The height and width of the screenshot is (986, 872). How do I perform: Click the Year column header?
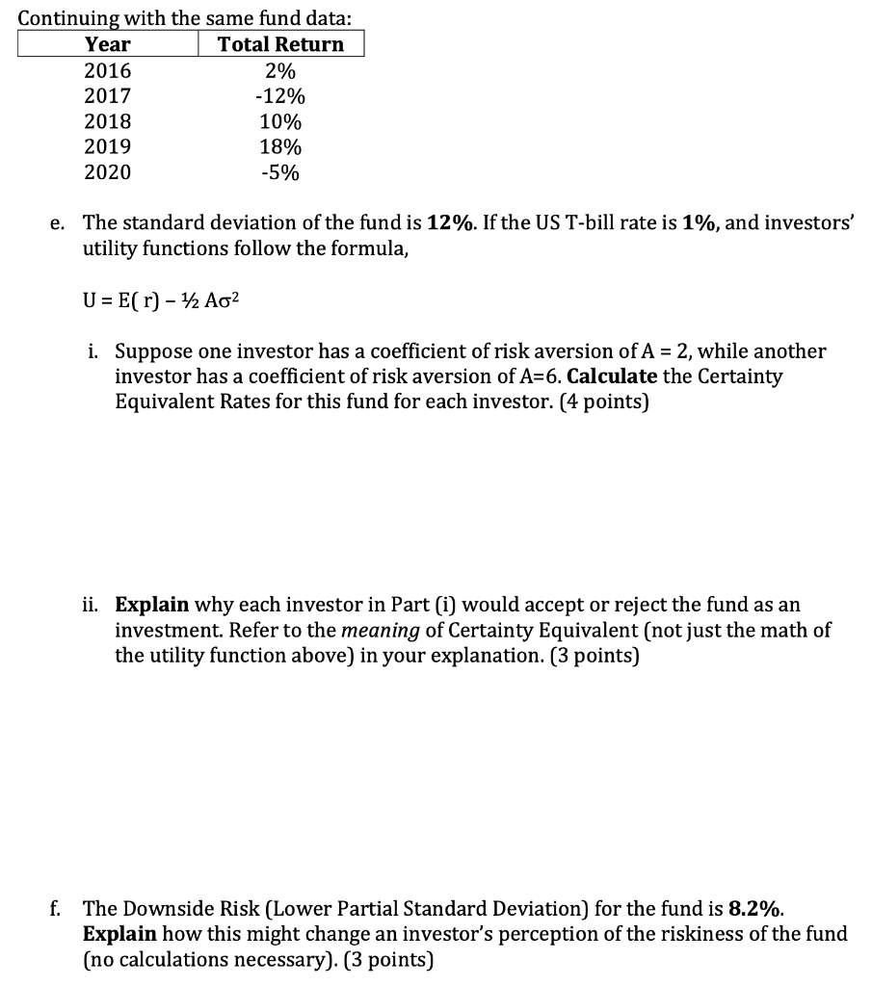coord(108,44)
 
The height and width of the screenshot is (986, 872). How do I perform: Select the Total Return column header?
coord(280,44)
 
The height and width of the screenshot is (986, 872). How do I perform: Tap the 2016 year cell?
coord(108,70)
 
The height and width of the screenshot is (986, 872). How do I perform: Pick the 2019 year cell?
coord(108,147)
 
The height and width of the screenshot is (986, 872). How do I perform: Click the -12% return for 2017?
coord(280,96)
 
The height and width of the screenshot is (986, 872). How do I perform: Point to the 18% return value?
coord(280,147)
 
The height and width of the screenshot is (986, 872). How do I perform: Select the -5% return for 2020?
coord(280,173)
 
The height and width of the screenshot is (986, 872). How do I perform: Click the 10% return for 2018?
coord(280,122)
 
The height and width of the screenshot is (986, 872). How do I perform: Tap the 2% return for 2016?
coord(280,70)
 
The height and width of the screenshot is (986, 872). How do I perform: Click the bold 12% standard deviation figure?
coord(446,222)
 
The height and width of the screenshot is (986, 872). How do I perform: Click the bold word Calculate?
coord(612,376)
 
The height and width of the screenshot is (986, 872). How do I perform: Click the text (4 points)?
coord(601,401)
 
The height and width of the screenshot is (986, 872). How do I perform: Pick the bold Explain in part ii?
coord(152,605)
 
